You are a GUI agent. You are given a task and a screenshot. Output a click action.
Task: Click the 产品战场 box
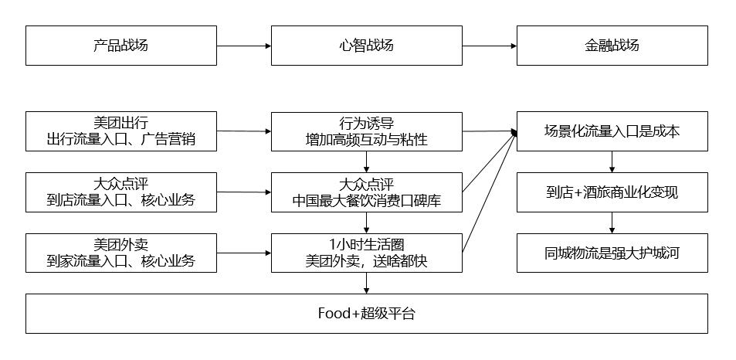click(121, 46)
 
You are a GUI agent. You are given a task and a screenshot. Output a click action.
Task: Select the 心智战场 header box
click(366, 46)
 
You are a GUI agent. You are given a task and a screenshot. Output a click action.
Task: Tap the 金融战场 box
click(612, 46)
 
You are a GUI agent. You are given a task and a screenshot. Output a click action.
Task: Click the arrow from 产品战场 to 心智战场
click(243, 46)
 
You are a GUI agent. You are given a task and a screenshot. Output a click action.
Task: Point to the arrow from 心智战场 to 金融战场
click(489, 46)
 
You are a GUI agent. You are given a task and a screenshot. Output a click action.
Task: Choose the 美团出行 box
click(121, 131)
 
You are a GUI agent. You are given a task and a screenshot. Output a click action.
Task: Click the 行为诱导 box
click(366, 131)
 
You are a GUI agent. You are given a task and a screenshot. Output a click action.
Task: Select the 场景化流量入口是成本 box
click(612, 131)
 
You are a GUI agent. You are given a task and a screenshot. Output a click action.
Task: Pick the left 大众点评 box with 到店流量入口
click(121, 192)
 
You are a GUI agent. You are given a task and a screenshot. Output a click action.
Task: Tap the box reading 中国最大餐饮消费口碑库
click(366, 192)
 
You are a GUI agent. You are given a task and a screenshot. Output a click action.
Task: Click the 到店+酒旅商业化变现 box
click(612, 192)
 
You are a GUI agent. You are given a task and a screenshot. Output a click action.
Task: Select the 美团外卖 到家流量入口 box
click(121, 253)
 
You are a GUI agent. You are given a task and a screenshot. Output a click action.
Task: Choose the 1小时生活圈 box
click(366, 253)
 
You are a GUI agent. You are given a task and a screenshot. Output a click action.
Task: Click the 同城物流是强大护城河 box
click(612, 253)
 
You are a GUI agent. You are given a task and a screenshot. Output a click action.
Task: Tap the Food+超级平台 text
click(366, 314)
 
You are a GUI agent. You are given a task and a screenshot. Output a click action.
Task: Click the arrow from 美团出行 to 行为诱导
click(243, 131)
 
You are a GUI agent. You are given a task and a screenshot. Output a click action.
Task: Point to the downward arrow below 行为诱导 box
click(366, 161)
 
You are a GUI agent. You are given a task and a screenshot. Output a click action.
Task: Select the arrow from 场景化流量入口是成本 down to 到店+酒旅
click(612, 161)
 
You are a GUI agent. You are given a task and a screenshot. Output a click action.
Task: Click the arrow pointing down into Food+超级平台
click(366, 283)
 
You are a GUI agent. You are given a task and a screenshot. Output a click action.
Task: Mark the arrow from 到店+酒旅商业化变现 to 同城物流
click(612, 222)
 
